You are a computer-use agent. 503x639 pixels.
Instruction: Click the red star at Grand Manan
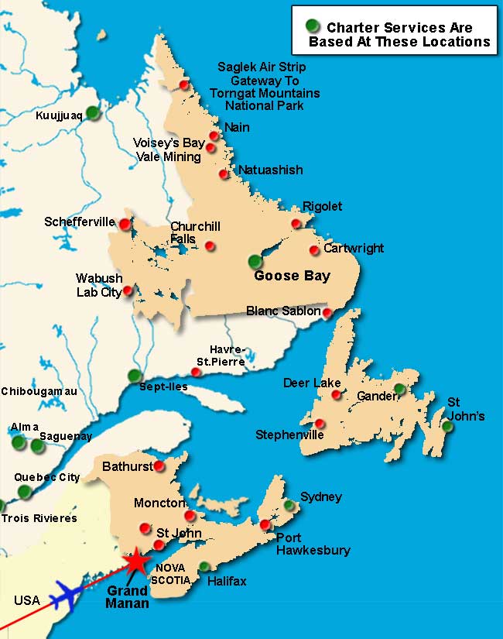pos(137,560)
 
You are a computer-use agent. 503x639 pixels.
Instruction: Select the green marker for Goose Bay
pos(255,261)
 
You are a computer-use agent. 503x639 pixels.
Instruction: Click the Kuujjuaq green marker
pos(93,112)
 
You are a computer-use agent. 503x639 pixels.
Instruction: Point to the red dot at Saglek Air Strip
pos(183,84)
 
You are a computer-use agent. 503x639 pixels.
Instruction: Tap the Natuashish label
pos(270,170)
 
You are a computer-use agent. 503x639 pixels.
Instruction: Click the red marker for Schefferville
pos(125,223)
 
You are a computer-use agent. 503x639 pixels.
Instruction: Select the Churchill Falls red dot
pos(210,246)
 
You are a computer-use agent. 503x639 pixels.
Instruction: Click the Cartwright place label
pos(354,249)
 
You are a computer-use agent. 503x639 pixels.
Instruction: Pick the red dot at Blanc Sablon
pos(327,313)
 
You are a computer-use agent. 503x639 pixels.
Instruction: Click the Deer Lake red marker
pos(336,394)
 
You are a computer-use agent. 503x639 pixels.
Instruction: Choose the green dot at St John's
pos(447,425)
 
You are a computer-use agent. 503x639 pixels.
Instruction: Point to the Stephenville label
pos(289,435)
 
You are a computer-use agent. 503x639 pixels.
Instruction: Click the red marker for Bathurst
pos(159,466)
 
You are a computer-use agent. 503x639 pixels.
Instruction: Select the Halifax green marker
pos(204,566)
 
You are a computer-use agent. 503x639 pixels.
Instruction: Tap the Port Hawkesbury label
pos(313,544)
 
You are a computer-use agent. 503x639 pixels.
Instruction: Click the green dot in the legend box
pos(313,26)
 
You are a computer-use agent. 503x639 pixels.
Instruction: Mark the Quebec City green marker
pos(24,491)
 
